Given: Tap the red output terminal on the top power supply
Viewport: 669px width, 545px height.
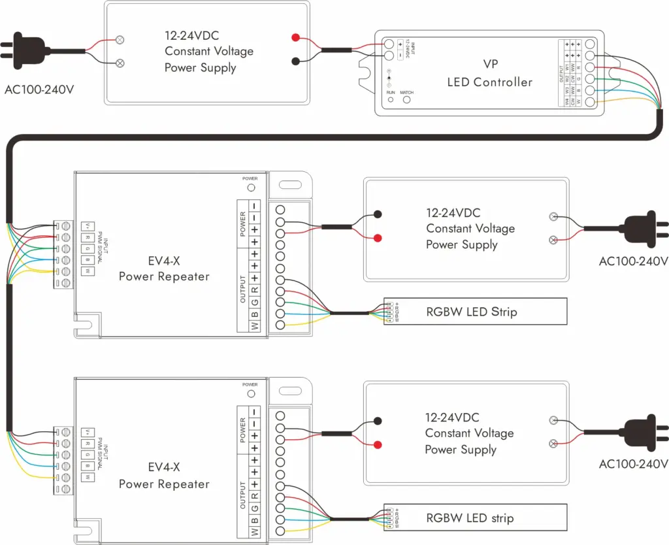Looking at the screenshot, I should pyautogui.click(x=295, y=37).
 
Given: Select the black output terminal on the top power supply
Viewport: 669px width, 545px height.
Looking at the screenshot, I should pyautogui.click(x=295, y=62).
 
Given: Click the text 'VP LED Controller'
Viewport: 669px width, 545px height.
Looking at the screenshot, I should pyautogui.click(x=489, y=74).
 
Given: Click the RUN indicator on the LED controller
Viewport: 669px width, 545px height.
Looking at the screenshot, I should pyautogui.click(x=390, y=102).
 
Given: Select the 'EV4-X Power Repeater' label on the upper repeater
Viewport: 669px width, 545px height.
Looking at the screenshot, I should pyautogui.click(x=164, y=268).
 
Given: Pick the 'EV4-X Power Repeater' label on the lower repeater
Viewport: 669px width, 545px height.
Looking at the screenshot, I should pyautogui.click(x=164, y=476).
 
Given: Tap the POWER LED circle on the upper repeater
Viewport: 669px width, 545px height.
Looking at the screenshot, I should pyautogui.click(x=250, y=187).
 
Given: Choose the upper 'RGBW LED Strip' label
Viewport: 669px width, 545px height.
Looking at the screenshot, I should pyautogui.click(x=471, y=312).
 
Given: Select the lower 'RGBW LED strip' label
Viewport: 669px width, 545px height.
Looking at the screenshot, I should pyautogui.click(x=470, y=518).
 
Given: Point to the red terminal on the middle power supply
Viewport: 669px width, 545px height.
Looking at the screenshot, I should pyautogui.click(x=377, y=238).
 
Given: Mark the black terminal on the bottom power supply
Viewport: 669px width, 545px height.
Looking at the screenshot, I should pyautogui.click(x=377, y=420).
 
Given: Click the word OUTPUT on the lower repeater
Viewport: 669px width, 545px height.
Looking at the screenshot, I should pyautogui.click(x=243, y=495).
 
